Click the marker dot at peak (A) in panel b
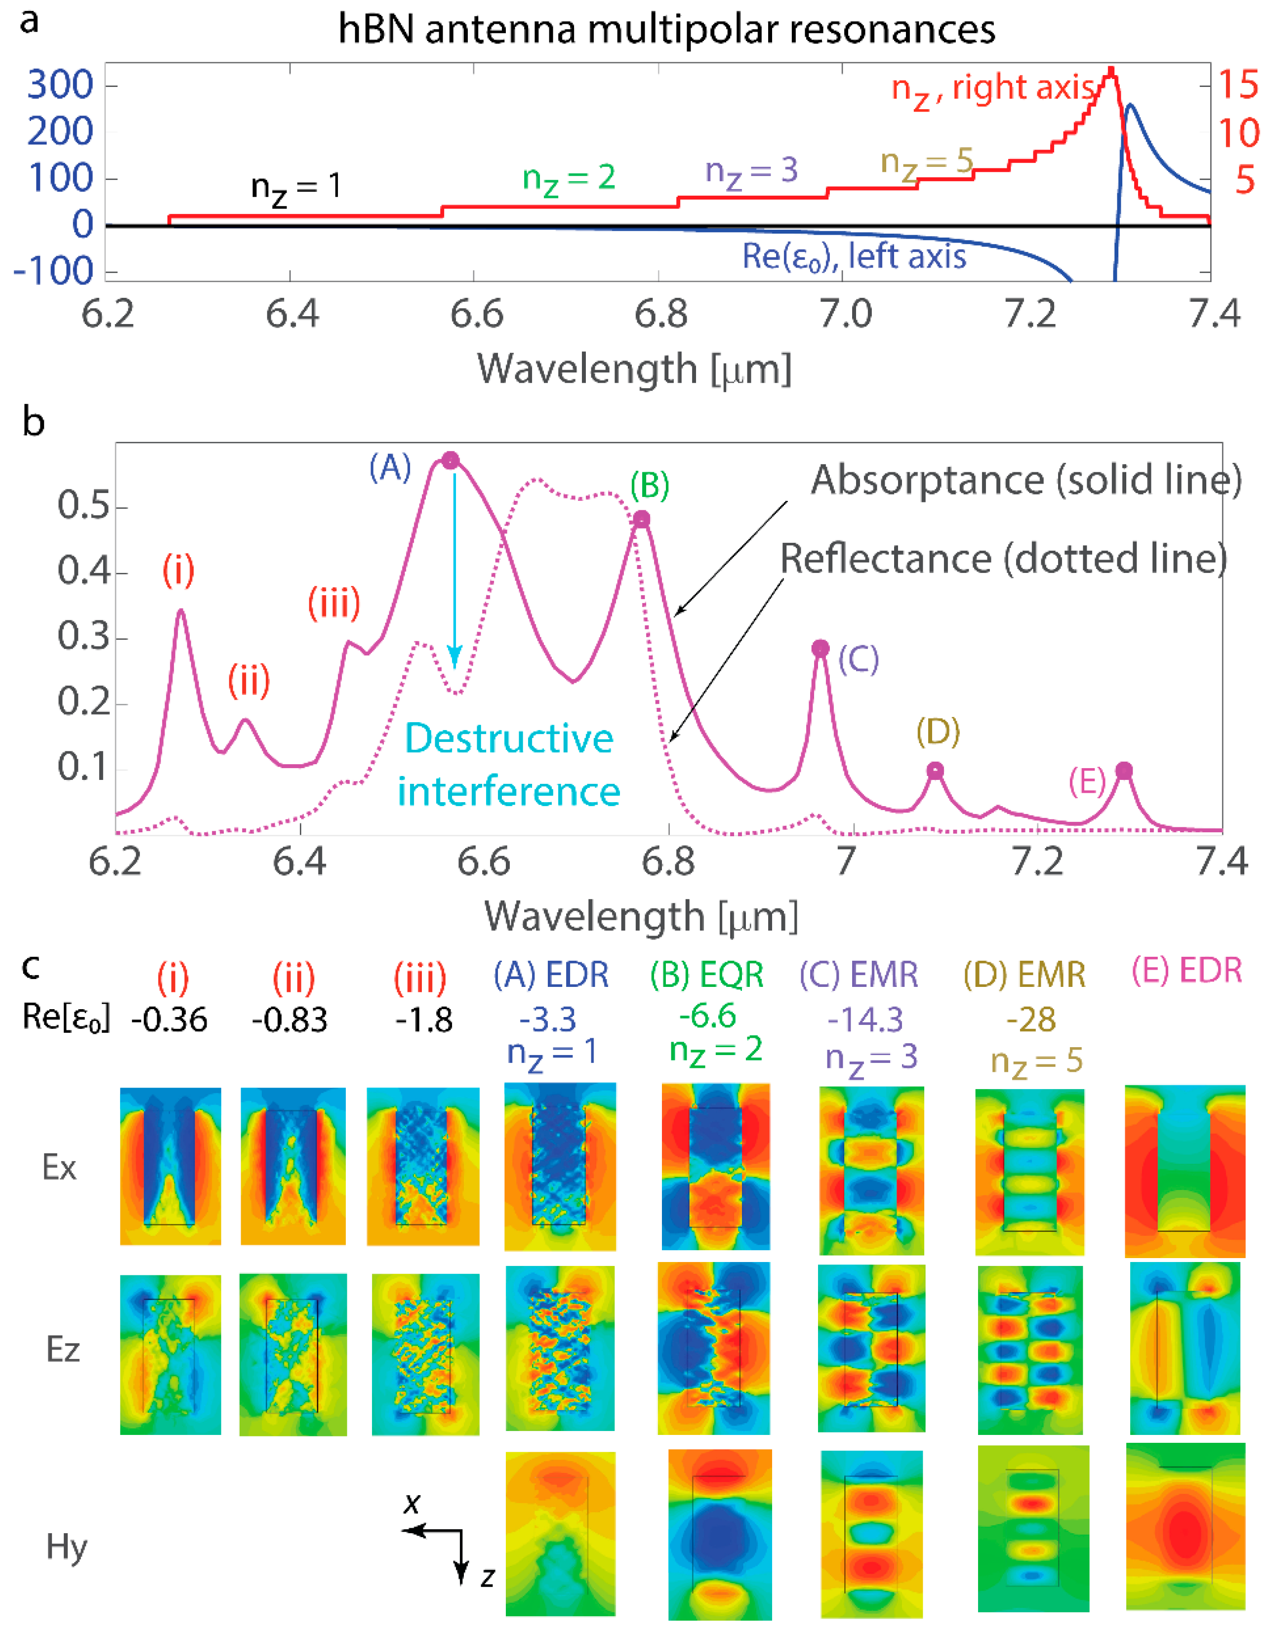pos(450,460)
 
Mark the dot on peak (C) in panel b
pos(821,648)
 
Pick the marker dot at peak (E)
pos(1124,771)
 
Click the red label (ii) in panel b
pos(249,680)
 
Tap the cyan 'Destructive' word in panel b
pos(509,738)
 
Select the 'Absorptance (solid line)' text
pos(1026,480)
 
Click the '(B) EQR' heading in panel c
pos(706,975)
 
